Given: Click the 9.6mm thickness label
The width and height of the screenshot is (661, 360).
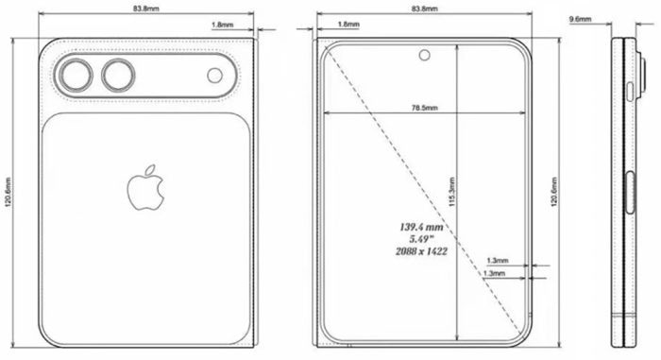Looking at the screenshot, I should (x=581, y=18).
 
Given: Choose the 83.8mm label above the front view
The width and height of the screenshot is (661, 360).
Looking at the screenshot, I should (x=425, y=9).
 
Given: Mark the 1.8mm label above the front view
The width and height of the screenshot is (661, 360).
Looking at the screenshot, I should (x=347, y=25).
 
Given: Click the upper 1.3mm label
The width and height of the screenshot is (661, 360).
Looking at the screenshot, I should (x=497, y=259).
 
